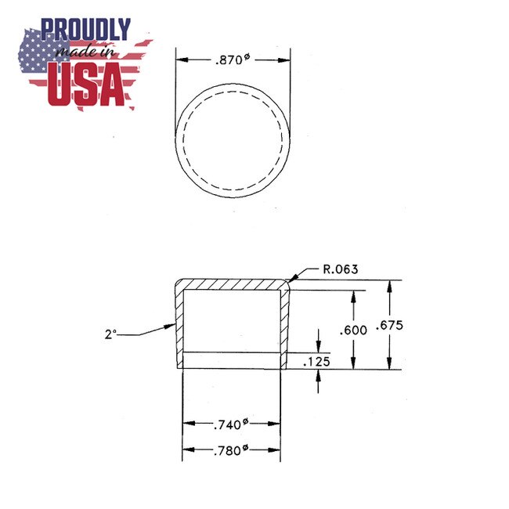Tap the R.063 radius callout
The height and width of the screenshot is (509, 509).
(x=341, y=269)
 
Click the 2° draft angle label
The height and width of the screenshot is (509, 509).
(x=111, y=334)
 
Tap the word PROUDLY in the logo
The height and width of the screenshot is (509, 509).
(x=86, y=30)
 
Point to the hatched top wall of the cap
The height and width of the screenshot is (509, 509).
(x=231, y=283)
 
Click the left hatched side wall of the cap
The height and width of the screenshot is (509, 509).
(x=179, y=329)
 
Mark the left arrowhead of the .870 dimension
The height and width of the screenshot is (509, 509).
(x=179, y=60)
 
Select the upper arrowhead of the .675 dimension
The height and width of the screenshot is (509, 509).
(x=389, y=284)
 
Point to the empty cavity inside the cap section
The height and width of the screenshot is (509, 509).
(x=231, y=321)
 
